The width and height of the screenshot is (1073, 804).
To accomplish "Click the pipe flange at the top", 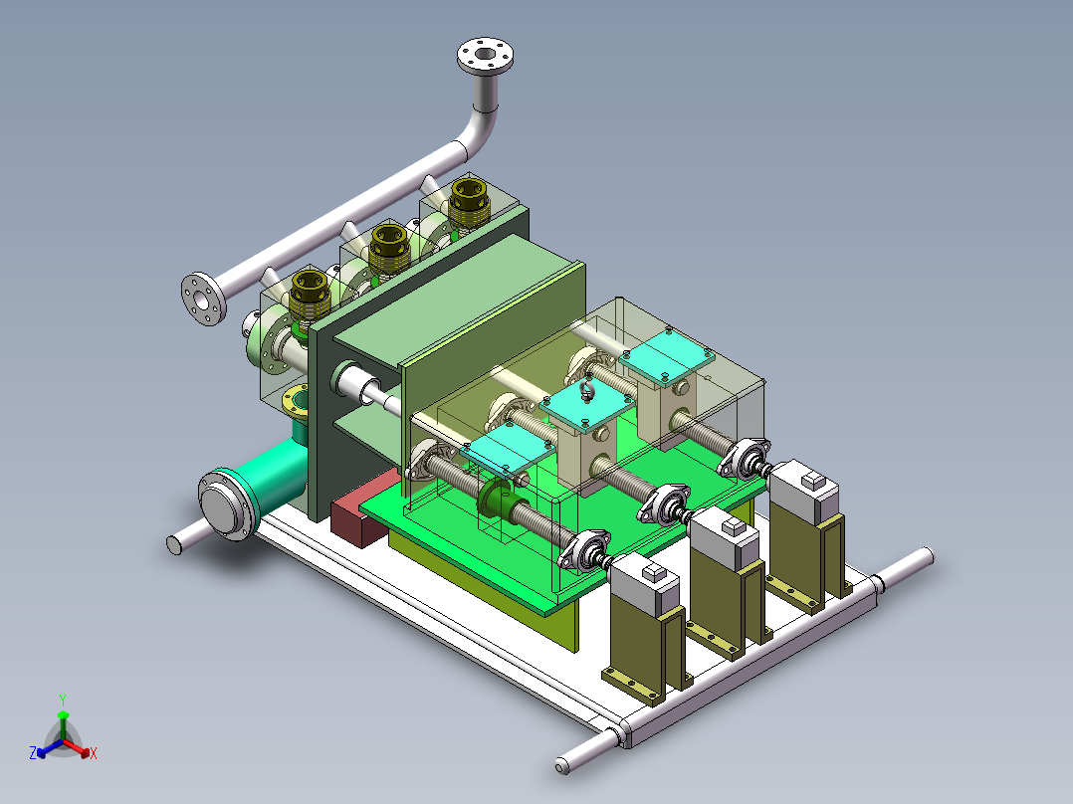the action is pyautogui.click(x=485, y=56).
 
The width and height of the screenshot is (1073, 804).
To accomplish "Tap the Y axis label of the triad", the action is pyautogui.click(x=63, y=700).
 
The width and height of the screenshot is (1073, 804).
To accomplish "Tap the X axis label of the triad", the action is pyautogui.click(x=94, y=753).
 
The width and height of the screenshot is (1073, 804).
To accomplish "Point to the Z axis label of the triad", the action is pyautogui.click(x=33, y=752).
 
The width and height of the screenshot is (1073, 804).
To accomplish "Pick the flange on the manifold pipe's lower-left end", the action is pyautogui.click(x=203, y=300).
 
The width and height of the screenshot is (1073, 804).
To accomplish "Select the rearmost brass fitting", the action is pyautogui.click(x=469, y=201).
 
